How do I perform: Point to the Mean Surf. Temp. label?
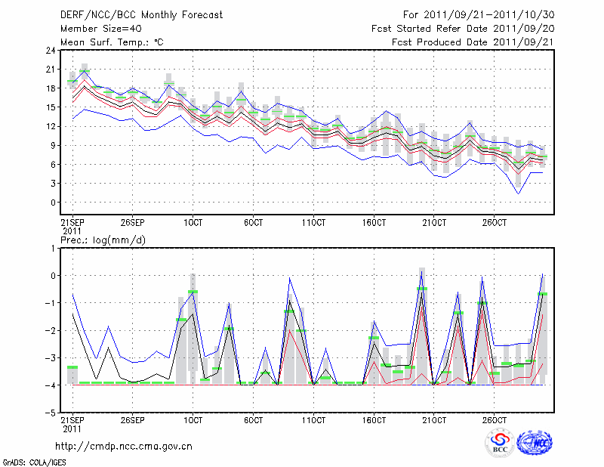111,42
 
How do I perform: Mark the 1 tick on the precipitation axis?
52,248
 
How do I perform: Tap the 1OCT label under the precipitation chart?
193,419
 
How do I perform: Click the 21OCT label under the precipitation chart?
434,419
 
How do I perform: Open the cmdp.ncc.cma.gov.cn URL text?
124,446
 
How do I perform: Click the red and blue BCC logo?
500,443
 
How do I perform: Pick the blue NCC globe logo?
534,443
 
